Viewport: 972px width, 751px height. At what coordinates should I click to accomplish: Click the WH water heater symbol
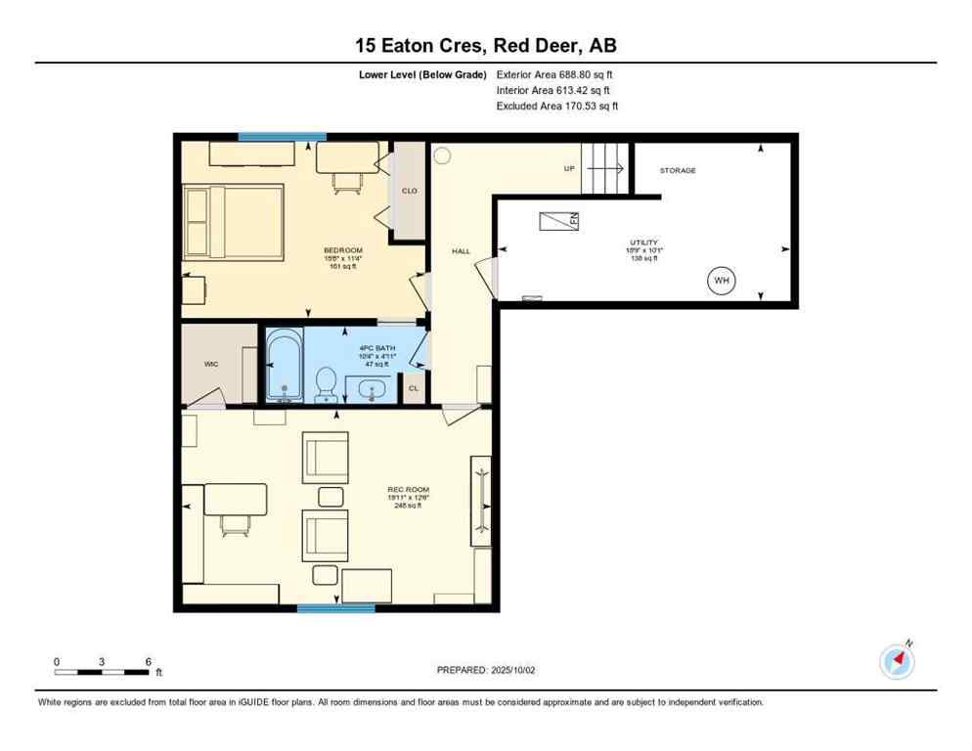722,282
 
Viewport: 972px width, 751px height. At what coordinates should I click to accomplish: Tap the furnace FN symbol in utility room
559,221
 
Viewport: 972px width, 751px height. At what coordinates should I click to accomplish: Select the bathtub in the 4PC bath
284,366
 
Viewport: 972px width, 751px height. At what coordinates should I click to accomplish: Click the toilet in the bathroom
325,383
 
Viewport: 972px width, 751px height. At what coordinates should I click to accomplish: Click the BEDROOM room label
342,250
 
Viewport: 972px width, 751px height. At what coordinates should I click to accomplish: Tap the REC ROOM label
408,489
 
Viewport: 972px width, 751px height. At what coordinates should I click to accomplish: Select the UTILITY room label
643,242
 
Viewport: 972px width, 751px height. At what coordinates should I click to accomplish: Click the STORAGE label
677,170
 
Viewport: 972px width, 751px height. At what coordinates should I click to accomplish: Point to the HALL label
461,251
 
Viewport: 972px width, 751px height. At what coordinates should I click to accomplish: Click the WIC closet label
210,364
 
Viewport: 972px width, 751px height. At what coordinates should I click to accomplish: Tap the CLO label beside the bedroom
409,191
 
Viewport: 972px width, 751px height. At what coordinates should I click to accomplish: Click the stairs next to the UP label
604,168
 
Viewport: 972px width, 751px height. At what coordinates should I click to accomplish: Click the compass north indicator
897,662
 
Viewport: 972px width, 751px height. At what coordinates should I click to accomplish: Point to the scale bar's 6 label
148,662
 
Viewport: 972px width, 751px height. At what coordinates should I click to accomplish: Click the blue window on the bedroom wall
282,137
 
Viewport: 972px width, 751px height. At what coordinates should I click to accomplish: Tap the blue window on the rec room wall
335,608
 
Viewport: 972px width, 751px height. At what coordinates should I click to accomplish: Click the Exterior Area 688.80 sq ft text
554,74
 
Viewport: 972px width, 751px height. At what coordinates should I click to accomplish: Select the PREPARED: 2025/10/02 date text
485,670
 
